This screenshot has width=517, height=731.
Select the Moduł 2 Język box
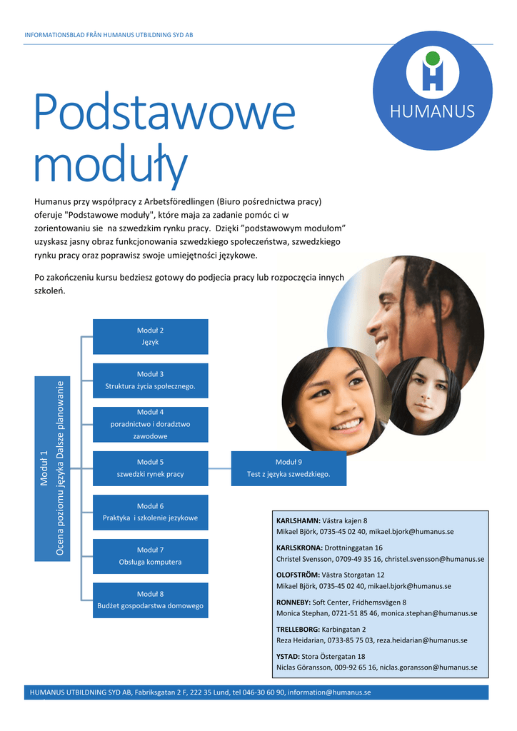pyautogui.click(x=151, y=336)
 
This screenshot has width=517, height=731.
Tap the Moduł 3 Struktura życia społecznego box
pyautogui.click(x=151, y=380)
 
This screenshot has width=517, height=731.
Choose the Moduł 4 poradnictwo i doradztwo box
pyautogui.click(x=151, y=424)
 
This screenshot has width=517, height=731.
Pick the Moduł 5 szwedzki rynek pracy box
pyautogui.click(x=151, y=468)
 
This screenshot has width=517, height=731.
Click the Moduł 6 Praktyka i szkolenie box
pyautogui.click(x=151, y=512)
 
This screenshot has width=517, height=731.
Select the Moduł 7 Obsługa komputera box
pyautogui.click(x=151, y=556)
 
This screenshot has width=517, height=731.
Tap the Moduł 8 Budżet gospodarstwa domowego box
pyautogui.click(x=151, y=600)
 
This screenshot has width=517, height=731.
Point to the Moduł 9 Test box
pyautogui.click(x=288, y=468)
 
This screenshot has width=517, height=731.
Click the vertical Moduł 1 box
pyautogui.click(x=52, y=468)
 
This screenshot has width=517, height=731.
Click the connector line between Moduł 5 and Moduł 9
pyautogui.click(x=219, y=468)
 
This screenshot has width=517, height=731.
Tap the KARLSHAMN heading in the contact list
pyautogui.click(x=298, y=521)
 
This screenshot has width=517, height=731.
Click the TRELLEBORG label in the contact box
pyautogui.click(x=298, y=630)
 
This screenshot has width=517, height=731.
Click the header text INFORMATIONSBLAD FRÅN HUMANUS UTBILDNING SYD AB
pyautogui.click(x=109, y=35)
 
